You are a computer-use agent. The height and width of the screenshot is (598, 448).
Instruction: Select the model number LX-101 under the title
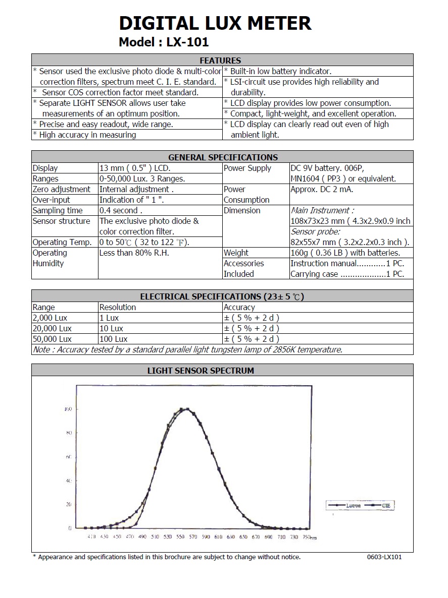click(187, 42)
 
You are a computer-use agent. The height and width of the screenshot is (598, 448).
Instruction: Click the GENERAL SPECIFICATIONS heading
click(223, 157)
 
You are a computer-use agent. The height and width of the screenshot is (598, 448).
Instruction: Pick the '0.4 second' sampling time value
click(121, 210)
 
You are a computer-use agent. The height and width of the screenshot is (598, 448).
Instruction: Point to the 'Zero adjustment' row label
click(61, 189)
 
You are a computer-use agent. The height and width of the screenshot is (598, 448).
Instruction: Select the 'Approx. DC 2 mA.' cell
click(322, 189)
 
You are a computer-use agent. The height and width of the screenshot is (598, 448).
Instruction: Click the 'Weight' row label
click(236, 253)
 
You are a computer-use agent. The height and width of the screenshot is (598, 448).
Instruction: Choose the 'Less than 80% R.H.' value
click(134, 253)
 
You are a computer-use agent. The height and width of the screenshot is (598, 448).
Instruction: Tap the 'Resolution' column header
click(118, 307)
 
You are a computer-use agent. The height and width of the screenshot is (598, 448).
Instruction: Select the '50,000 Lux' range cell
click(52, 339)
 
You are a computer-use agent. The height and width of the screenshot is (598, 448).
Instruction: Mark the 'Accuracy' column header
click(239, 307)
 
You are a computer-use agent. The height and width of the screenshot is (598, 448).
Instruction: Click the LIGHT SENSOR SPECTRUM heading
click(201, 370)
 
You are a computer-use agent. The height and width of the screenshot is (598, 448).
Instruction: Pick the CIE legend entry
click(385, 505)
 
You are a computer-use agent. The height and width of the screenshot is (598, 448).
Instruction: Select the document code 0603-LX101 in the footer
click(384, 557)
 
